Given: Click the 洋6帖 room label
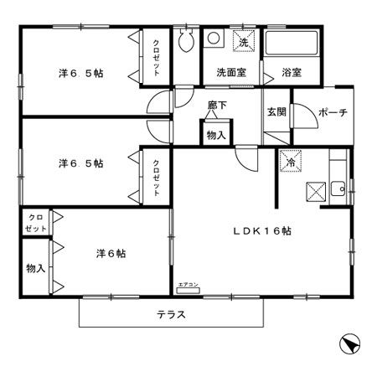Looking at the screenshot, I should [111, 252].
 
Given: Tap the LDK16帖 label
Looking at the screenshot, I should [261, 230].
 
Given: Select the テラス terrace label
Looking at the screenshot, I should [171, 315].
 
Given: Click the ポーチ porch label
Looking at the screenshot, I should [333, 112].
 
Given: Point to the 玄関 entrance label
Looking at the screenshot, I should [277, 112].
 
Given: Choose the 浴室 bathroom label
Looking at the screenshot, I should [292, 72].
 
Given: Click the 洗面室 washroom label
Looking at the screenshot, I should [230, 72].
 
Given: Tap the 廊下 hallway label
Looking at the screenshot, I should [218, 106].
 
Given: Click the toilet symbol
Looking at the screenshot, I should [186, 41].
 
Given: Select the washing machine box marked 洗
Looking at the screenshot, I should [244, 42].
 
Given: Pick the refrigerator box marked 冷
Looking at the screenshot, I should [291, 163].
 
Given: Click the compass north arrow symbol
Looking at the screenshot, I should [350, 343].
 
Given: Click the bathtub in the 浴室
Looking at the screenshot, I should [292, 44].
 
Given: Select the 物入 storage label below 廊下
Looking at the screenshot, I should [215, 134].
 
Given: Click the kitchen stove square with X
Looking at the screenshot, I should [318, 192].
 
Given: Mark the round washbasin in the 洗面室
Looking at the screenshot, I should [214, 39].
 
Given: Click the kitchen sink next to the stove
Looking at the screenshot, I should [338, 188].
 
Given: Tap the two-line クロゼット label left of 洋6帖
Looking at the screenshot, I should [35, 222].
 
